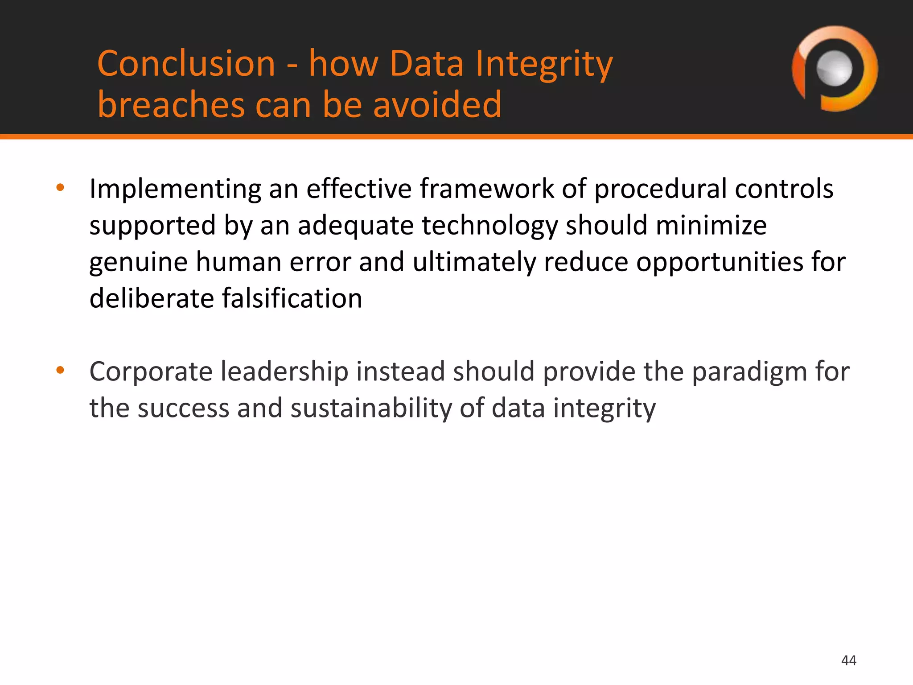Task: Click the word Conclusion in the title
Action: pos(186,64)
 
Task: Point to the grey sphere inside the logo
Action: pos(834,68)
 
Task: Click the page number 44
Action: pos(848,660)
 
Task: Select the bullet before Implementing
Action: pos(61,188)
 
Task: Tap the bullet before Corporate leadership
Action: pos(61,370)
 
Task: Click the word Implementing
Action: pos(175,189)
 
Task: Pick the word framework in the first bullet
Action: pos(486,189)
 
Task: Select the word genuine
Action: pos(138,262)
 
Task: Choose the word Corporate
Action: pos(151,372)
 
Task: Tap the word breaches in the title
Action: pos(171,105)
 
